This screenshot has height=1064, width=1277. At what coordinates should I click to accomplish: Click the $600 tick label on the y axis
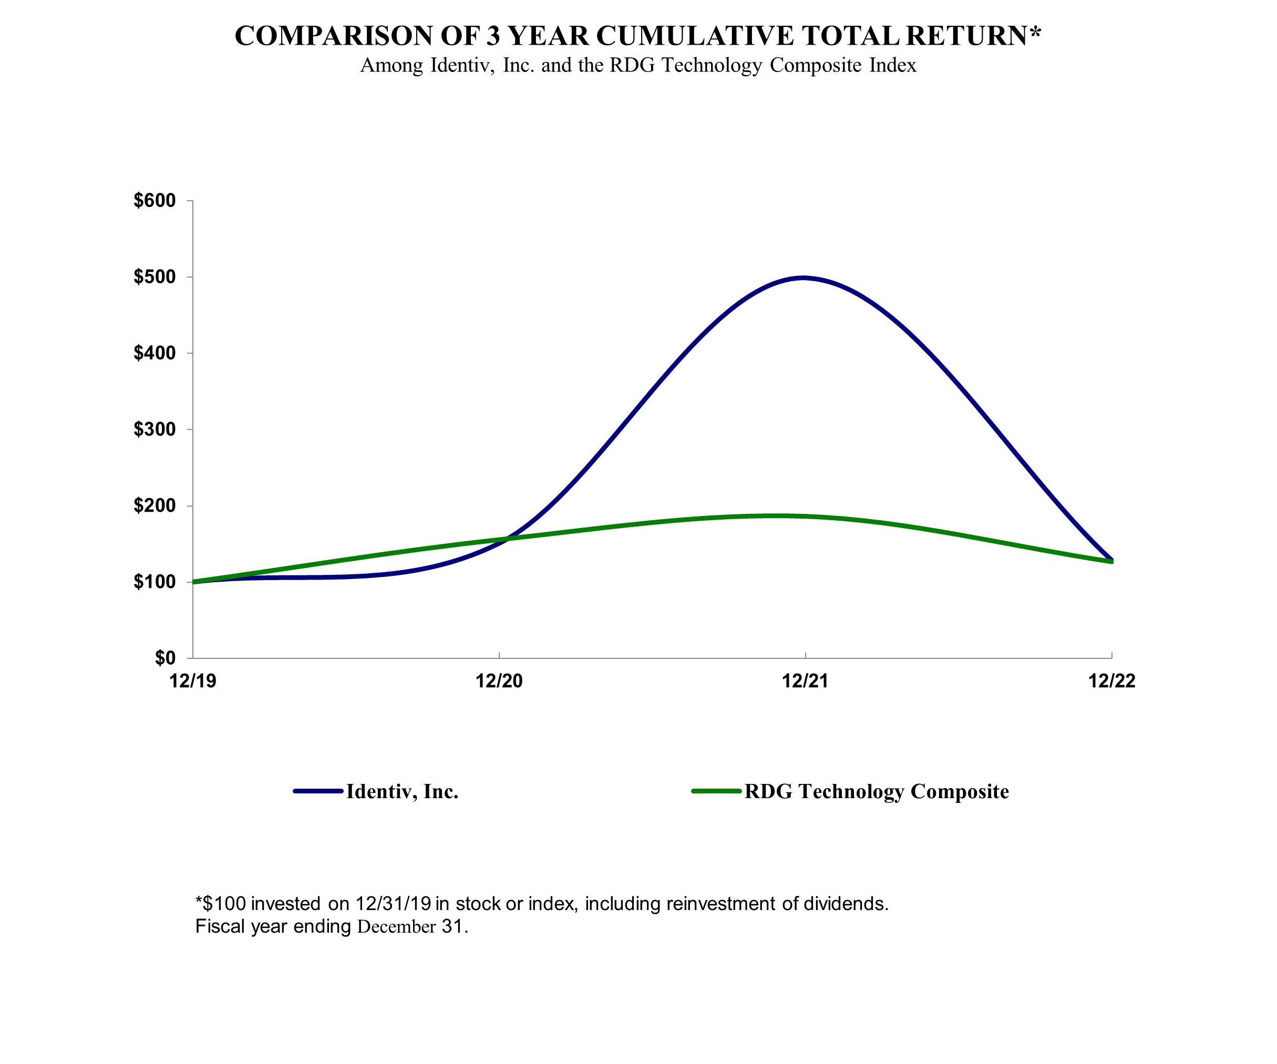tap(155, 201)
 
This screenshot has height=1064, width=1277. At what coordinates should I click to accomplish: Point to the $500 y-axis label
tap(155, 277)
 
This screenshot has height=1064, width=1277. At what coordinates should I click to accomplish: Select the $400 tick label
tap(155, 353)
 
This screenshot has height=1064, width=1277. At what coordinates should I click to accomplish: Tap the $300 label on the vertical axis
tap(155, 429)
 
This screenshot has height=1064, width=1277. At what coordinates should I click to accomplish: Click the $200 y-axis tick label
tap(155, 506)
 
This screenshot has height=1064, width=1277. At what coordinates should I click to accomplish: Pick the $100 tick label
tap(155, 582)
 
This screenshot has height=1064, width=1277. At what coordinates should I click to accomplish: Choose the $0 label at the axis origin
tap(165, 658)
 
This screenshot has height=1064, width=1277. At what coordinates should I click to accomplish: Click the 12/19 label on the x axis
tap(193, 681)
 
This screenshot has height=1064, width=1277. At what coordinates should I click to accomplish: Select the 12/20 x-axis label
tap(499, 681)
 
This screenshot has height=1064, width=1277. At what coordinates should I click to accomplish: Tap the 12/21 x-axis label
tap(805, 681)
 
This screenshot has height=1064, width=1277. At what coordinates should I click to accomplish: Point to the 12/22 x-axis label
tap(1111, 681)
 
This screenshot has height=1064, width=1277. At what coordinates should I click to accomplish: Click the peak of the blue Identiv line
tap(804, 278)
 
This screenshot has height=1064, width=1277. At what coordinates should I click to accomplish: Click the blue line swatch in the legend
tap(318, 791)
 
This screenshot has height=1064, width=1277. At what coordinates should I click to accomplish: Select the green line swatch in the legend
tap(716, 791)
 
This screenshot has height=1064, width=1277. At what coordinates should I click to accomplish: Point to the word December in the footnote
tap(396, 926)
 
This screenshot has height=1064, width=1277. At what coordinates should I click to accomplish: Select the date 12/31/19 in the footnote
tap(394, 904)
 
